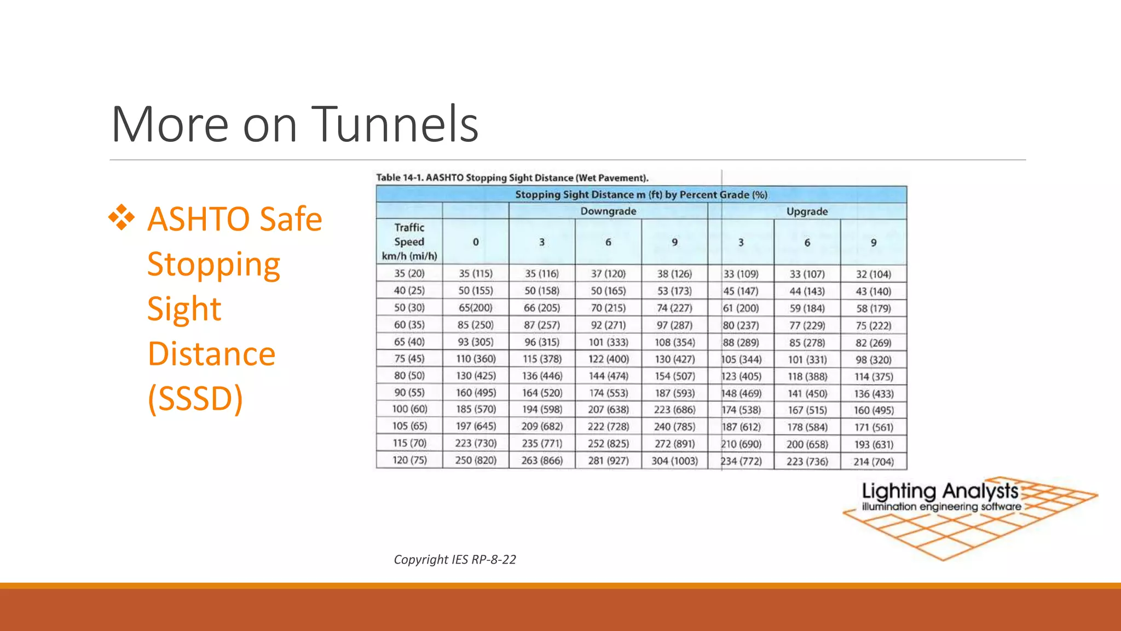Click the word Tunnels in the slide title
(x=395, y=124)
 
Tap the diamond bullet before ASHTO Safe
(x=122, y=218)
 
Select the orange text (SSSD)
(x=195, y=398)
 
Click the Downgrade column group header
(x=608, y=211)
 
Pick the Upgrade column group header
(x=807, y=211)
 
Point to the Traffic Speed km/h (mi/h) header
(x=409, y=242)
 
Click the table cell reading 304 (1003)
(x=674, y=461)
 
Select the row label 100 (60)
(x=409, y=409)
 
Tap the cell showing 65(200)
(x=475, y=308)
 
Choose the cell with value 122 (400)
(x=608, y=359)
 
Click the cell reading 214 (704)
(x=873, y=462)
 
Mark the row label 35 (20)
(x=409, y=273)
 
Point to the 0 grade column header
(x=476, y=242)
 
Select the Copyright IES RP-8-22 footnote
(x=454, y=559)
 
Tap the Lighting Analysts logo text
(x=940, y=491)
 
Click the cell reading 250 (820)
(x=476, y=460)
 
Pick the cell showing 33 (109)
(x=741, y=274)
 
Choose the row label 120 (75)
(x=409, y=460)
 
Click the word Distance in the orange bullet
(x=211, y=353)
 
